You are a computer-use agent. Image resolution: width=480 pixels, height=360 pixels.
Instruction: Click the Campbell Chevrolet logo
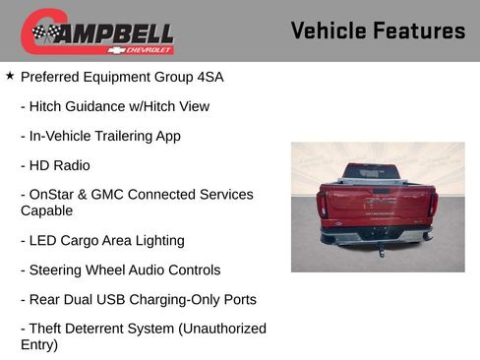click(97, 32)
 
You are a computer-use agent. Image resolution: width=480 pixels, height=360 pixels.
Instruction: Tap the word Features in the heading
click(420, 31)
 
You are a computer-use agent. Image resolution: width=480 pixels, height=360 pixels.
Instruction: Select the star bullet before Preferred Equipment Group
click(10, 76)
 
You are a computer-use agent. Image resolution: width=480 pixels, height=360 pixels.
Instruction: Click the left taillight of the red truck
click(323, 205)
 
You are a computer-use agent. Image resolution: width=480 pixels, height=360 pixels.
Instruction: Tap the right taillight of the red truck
click(432, 205)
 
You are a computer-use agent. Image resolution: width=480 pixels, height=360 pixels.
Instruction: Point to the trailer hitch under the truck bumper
click(380, 249)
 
